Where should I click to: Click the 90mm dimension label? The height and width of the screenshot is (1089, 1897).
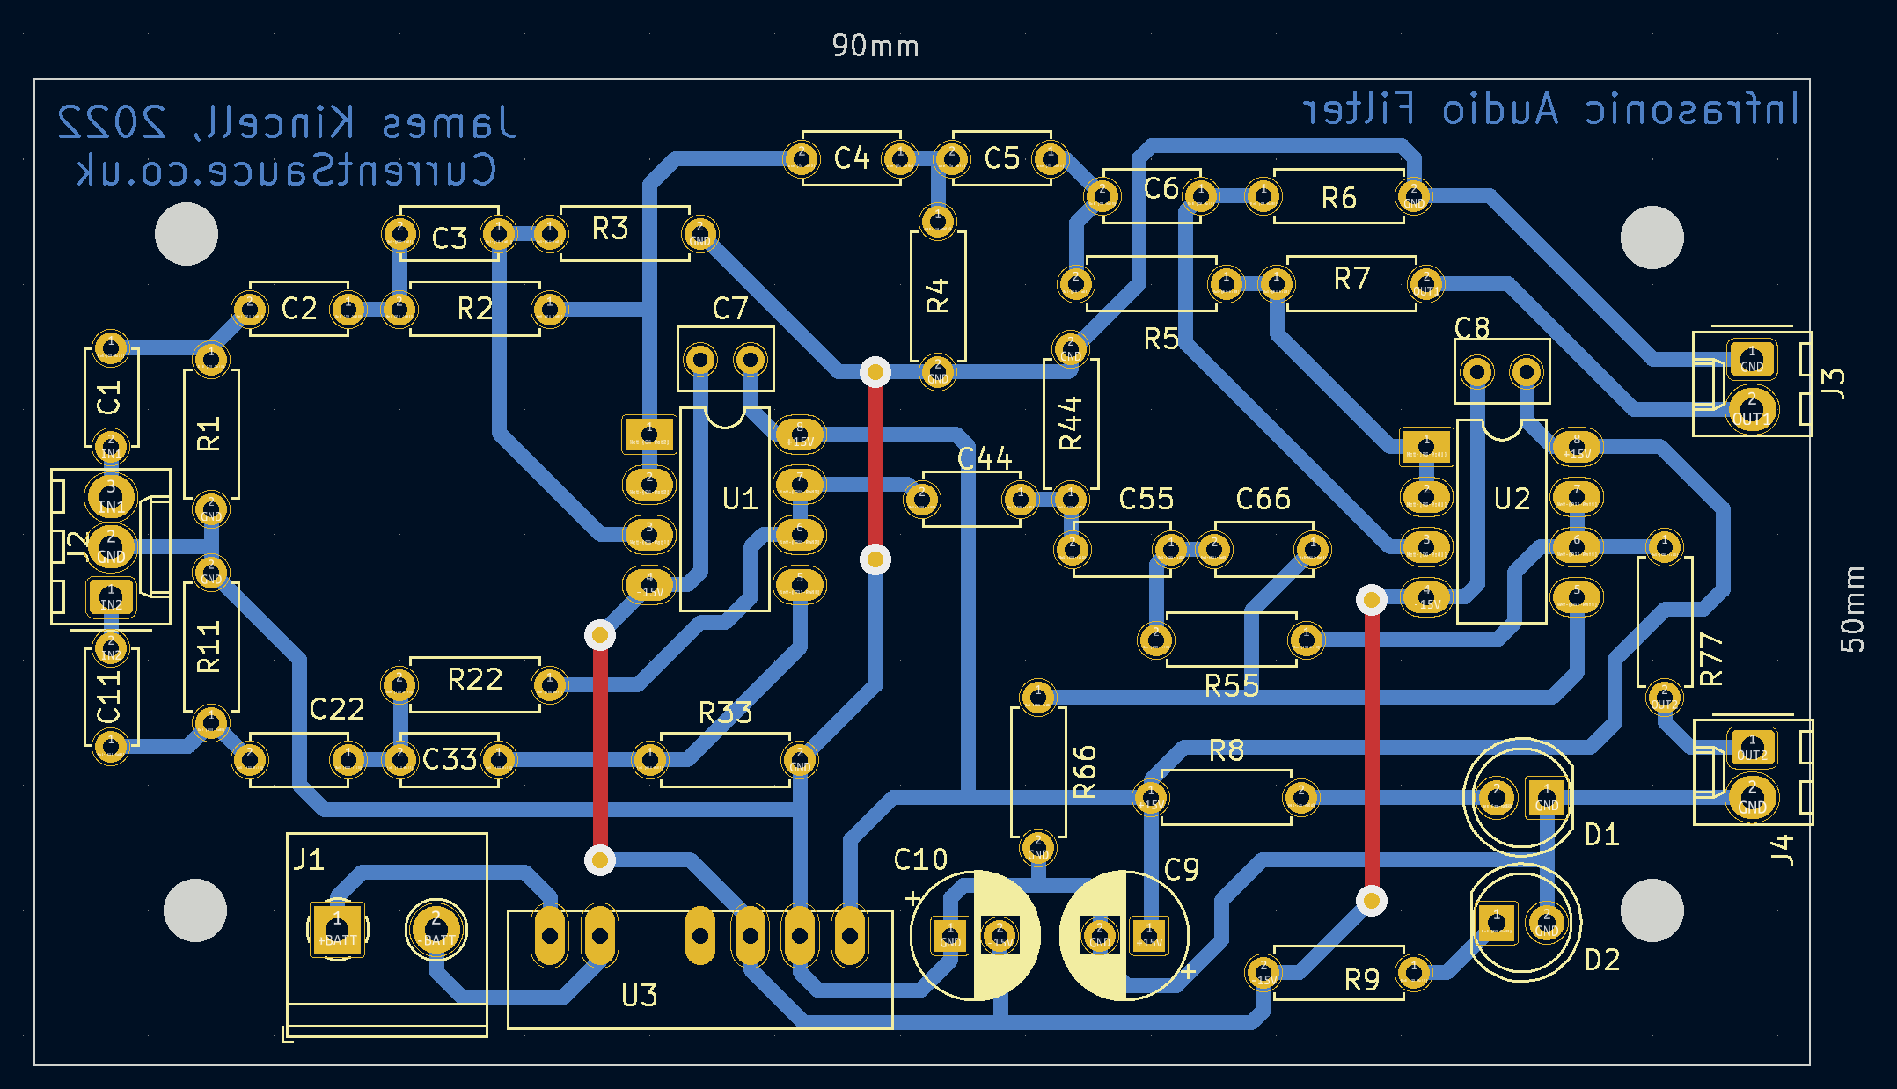pyautogui.click(x=875, y=46)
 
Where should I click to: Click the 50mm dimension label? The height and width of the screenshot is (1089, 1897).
pyautogui.click(x=1852, y=609)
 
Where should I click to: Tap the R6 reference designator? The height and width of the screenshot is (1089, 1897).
pyautogui.click(x=1338, y=199)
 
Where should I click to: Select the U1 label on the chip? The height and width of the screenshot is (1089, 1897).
pyautogui.click(x=740, y=500)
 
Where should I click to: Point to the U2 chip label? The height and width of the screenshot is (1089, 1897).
pyautogui.click(x=1512, y=500)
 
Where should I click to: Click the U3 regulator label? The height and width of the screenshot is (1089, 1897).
pyautogui.click(x=639, y=996)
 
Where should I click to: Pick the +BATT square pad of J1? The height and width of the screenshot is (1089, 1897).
pyautogui.click(x=337, y=928)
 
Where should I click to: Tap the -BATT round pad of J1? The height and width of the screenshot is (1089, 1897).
pyautogui.click(x=436, y=928)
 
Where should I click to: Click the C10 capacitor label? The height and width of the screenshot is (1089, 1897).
pyautogui.click(x=920, y=859)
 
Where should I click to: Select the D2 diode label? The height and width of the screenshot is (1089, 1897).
pyautogui.click(x=1601, y=960)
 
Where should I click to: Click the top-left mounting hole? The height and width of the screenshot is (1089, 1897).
pyautogui.click(x=187, y=234)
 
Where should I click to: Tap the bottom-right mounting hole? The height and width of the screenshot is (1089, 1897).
pyautogui.click(x=1652, y=910)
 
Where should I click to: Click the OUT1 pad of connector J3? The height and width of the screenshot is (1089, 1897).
pyautogui.click(x=1751, y=410)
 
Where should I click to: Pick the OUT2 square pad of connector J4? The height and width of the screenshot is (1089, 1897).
pyautogui.click(x=1751, y=748)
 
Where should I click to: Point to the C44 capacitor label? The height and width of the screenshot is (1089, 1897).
pyautogui.click(x=985, y=458)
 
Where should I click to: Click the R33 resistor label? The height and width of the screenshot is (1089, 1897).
pyautogui.click(x=725, y=713)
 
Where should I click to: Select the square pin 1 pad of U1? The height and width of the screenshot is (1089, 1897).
pyautogui.click(x=649, y=434)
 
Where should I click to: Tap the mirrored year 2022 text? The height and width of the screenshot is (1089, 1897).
pyautogui.click(x=112, y=122)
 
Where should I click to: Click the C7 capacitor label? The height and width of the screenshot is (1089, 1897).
pyautogui.click(x=729, y=309)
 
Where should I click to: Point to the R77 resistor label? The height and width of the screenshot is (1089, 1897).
pyautogui.click(x=1710, y=659)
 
